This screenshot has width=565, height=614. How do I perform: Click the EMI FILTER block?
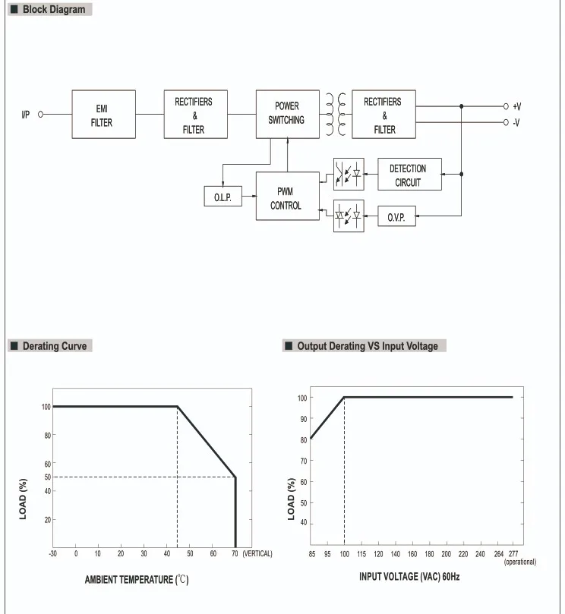[x=103, y=115]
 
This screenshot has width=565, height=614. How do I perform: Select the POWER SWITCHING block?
[x=286, y=114]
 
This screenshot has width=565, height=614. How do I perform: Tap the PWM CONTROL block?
[x=286, y=197]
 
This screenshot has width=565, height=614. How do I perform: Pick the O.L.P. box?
[x=223, y=197]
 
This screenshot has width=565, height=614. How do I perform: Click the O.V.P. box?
[x=396, y=216]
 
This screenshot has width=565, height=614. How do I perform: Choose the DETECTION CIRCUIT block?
[x=409, y=175]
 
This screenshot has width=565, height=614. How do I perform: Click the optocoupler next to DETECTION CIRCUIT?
[x=349, y=174]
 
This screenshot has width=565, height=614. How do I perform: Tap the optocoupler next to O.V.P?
[x=349, y=216]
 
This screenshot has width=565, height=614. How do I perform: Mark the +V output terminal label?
[x=517, y=107]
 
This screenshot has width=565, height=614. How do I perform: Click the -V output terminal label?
[x=517, y=122]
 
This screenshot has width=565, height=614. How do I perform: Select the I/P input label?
[x=26, y=115]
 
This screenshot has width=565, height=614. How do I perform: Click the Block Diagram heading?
[x=49, y=10]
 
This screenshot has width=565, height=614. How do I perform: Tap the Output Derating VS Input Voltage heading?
[x=367, y=346]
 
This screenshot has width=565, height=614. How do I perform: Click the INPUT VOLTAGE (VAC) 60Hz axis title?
[x=409, y=578]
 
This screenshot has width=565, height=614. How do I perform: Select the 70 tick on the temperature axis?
[x=235, y=554]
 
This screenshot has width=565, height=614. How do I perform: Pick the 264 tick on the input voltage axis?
[x=499, y=554]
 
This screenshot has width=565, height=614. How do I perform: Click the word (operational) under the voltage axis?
[x=520, y=562]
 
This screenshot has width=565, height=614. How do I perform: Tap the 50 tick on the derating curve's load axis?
[x=46, y=477]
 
